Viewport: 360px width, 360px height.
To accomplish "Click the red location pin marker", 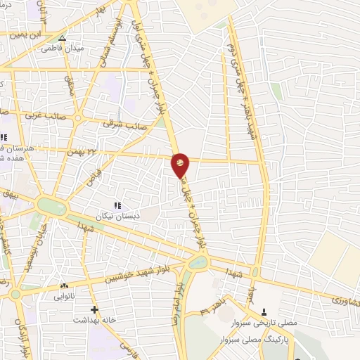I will [181, 165].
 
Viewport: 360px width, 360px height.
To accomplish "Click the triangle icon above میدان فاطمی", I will [62, 38].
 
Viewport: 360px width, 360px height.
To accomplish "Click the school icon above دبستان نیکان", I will [117, 205].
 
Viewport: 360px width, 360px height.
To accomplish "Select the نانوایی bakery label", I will [65, 297].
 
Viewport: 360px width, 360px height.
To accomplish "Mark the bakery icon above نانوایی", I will [64, 286].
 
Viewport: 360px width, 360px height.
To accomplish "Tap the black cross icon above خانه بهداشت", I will [94, 309].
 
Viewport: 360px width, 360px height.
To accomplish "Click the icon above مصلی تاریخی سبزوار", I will [265, 312].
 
